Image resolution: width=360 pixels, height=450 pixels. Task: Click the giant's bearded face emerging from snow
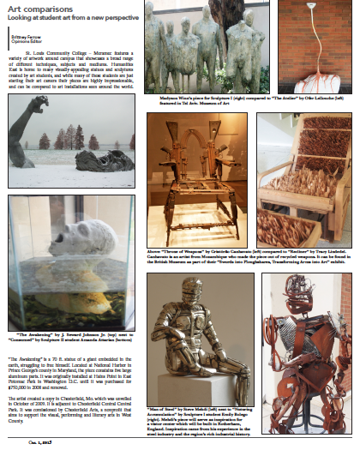click(103, 160)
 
